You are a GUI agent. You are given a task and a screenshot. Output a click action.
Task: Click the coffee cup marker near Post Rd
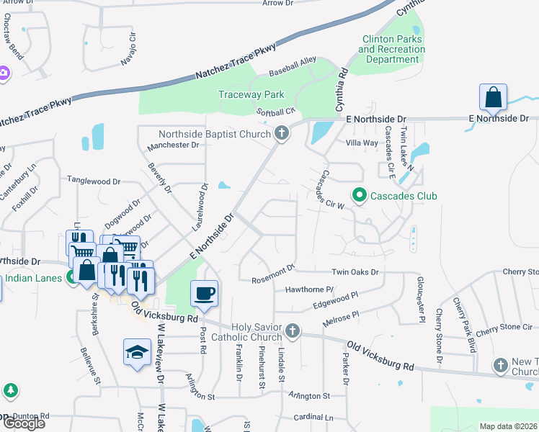[203, 293]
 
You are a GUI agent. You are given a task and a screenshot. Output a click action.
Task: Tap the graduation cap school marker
[137, 351]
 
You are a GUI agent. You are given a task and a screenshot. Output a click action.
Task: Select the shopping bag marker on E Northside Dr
[494, 97]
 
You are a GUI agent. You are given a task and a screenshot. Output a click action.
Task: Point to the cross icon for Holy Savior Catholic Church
[292, 330]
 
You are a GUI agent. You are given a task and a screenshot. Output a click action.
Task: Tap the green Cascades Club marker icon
[358, 195]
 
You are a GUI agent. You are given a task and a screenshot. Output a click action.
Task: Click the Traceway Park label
[251, 94]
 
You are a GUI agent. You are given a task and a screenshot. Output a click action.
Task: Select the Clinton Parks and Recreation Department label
[391, 49]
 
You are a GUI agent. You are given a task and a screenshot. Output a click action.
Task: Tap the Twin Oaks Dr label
[355, 271]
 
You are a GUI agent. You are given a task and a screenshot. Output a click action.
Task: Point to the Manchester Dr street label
[173, 145]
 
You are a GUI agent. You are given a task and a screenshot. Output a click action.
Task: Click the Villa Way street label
[362, 143]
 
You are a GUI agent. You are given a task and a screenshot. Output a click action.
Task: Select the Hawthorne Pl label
[309, 289]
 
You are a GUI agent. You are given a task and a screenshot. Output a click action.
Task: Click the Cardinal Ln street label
[314, 418]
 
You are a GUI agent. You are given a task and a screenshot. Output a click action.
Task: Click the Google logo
[24, 423]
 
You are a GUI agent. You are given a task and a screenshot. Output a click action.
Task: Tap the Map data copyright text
[509, 426]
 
